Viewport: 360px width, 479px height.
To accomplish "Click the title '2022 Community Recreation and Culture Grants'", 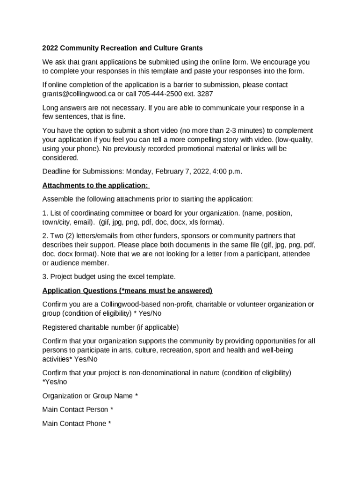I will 122,48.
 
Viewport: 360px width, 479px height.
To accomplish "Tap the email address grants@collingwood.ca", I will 76,94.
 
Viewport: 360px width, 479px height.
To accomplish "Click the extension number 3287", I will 205,94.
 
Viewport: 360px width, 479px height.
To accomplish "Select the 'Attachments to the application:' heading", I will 95,185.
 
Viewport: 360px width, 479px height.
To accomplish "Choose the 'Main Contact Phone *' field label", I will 77,424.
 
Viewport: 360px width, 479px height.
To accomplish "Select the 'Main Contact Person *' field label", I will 78,410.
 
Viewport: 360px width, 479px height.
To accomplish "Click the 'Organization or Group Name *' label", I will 90,396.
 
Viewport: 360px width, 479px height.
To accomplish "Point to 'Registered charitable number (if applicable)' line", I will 110,327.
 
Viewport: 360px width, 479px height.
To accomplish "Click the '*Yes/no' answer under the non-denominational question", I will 55,382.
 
